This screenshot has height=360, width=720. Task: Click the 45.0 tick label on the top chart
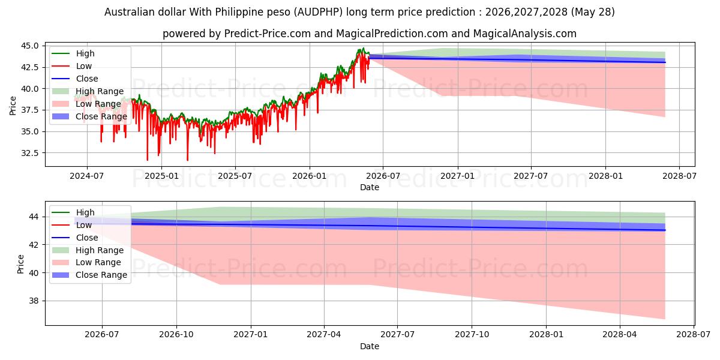(x=29, y=46)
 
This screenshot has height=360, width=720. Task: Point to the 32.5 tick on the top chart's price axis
(x=29, y=153)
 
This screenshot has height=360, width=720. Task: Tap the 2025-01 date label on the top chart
(x=161, y=176)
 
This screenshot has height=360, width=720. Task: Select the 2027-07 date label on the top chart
(x=530, y=176)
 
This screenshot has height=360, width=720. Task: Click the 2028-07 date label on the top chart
(x=679, y=176)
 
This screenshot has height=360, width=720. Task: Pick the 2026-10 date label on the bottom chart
(x=176, y=335)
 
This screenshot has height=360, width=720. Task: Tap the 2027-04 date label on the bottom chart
(x=324, y=335)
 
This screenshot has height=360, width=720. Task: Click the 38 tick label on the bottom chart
(x=34, y=301)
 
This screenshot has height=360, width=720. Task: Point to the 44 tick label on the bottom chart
(x=34, y=217)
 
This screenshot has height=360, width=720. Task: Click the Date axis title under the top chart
(x=370, y=187)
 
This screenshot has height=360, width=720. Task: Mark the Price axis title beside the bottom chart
(x=20, y=264)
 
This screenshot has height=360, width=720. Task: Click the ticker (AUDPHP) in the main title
(x=319, y=12)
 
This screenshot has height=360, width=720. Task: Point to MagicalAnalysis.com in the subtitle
(x=525, y=34)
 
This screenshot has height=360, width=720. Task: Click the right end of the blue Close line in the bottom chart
(x=665, y=230)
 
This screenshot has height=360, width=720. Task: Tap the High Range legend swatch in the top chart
(x=61, y=91)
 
